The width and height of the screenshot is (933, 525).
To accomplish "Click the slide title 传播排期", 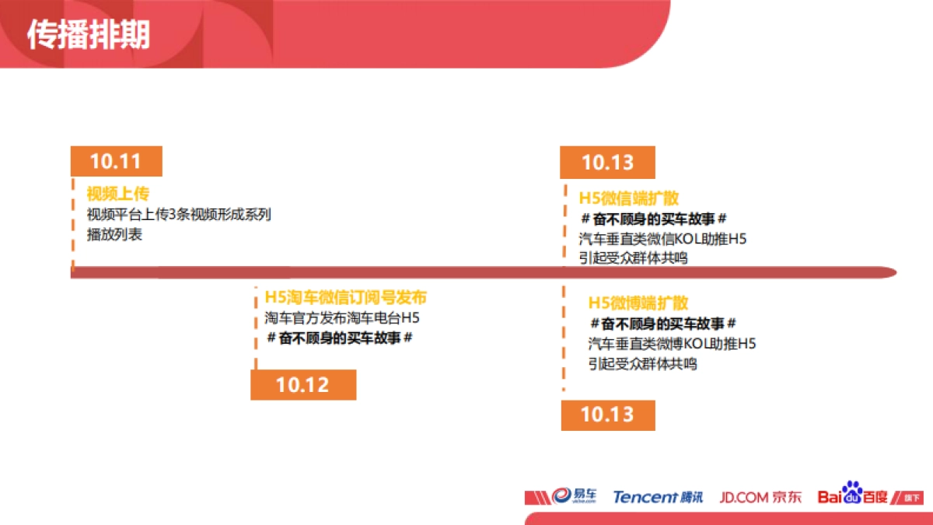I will point(89,35).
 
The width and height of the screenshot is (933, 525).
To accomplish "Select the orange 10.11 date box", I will point(116,161).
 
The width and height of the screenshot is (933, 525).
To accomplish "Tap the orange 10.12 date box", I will point(302,384).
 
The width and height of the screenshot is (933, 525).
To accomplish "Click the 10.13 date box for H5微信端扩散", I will point(607,163).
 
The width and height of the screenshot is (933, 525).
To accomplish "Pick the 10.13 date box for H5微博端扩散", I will point(607,415).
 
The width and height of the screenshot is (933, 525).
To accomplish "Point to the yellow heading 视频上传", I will point(117,194).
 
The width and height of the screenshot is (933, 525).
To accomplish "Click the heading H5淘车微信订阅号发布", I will point(345,298).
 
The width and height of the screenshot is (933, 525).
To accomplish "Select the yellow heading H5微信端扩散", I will point(629,198).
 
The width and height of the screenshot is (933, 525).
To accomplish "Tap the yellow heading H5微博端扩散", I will point(638,303).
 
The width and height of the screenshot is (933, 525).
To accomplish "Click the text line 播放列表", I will point(114,234).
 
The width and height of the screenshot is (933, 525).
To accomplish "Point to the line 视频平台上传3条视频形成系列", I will point(179,215).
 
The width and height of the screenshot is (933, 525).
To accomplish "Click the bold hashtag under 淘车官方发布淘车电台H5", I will point(339,338).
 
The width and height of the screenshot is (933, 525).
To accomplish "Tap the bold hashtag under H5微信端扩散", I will point(654,219).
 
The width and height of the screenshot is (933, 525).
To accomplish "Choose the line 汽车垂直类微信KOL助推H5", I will point(662,239).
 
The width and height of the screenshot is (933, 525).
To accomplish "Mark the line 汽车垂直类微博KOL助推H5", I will point(672,343).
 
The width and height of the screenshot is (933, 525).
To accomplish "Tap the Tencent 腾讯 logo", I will point(658,496).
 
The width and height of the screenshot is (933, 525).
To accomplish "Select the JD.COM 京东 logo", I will point(760,496).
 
